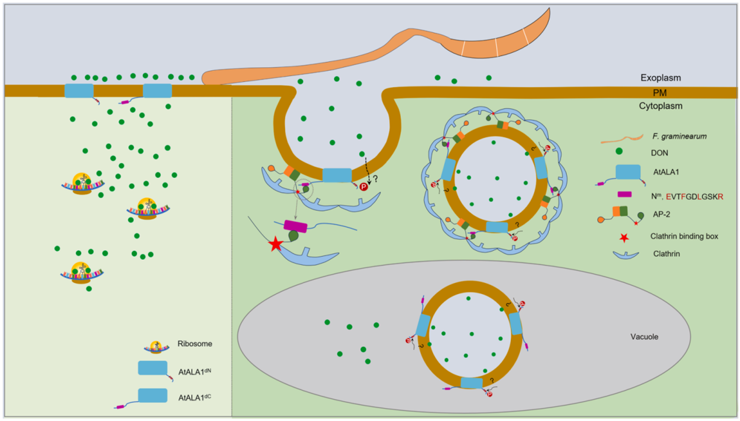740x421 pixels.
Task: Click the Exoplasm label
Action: click(661, 77)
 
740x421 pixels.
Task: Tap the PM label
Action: click(661, 92)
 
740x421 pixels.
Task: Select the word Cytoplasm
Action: click(661, 106)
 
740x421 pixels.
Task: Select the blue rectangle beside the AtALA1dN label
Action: click(153, 368)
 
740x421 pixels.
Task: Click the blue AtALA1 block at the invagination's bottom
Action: click(337, 175)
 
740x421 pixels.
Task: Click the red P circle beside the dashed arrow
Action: click(364, 187)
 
